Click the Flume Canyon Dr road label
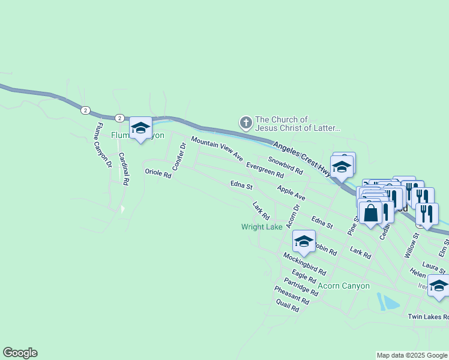[101, 144]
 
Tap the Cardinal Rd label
[124, 169]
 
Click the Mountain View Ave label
[217, 149]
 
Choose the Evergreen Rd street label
[265, 170]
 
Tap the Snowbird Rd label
[285, 165]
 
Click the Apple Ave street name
[291, 193]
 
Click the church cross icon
[245, 124]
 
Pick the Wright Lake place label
[262, 227]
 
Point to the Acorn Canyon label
[343, 286]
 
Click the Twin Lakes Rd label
[427, 317]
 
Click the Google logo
[20, 353]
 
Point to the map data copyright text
[411, 356]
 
